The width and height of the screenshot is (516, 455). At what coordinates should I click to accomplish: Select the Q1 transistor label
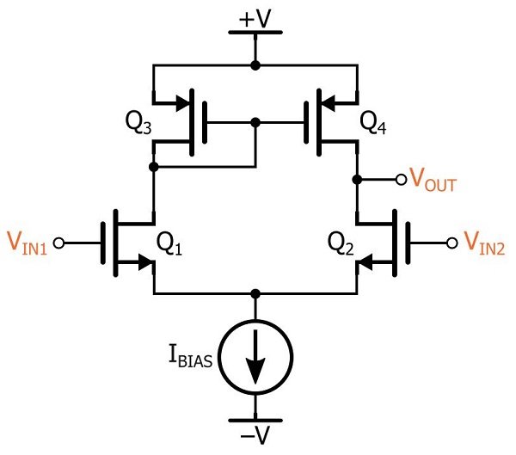[x=169, y=246]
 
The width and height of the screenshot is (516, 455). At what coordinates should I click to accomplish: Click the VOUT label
[x=433, y=181]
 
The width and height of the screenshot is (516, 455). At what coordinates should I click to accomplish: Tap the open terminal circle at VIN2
[x=452, y=243]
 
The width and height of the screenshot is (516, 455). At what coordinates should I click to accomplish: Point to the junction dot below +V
[x=255, y=65]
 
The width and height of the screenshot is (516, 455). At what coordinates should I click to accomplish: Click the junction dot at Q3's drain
[x=153, y=166]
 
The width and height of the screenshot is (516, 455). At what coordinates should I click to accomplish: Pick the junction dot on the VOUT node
[x=356, y=180]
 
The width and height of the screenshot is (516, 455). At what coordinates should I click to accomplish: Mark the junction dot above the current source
[x=255, y=294]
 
